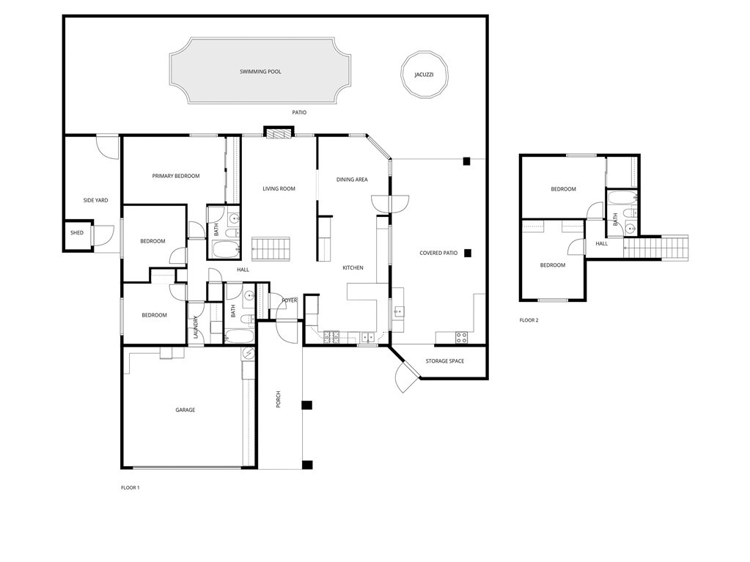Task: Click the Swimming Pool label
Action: tap(260, 72)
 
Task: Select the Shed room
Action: tap(77, 235)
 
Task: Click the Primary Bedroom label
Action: tap(176, 176)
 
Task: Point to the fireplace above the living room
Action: tap(279, 132)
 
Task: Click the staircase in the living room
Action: tap(271, 248)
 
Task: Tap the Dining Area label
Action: tap(352, 180)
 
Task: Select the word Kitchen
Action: tap(353, 268)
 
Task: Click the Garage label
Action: tap(185, 410)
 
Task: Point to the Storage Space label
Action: tap(445, 361)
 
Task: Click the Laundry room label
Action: tap(196, 328)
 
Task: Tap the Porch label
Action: tap(279, 399)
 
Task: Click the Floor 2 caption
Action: tap(529, 321)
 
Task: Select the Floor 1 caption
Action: tap(130, 488)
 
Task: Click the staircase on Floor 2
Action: tap(655, 248)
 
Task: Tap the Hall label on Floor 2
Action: tap(602, 244)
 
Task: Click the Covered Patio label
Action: tap(438, 254)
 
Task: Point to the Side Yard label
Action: tap(95, 201)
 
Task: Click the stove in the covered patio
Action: tap(461, 337)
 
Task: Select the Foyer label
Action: tap(290, 300)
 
